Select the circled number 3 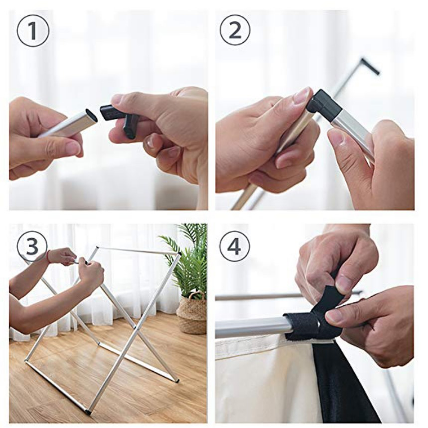(33, 246)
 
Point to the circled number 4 (234, 246)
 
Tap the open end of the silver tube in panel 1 (90, 117)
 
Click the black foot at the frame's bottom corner (88, 412)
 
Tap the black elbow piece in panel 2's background (370, 66)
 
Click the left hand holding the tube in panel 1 (39, 138)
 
